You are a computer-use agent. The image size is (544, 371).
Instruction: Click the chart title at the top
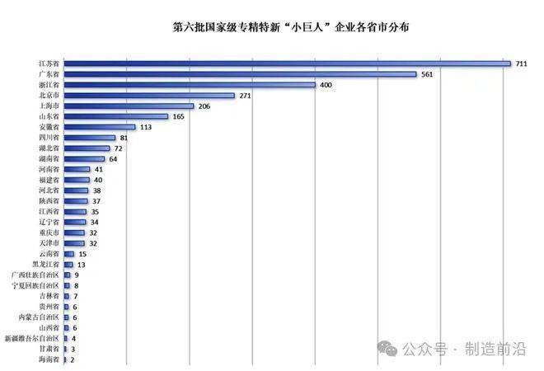[x=291, y=27]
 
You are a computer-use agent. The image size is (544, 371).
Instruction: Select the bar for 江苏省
[x=288, y=63]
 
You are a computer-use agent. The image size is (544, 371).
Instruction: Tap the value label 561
[x=427, y=74]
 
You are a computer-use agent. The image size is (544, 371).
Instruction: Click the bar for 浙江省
[x=190, y=85]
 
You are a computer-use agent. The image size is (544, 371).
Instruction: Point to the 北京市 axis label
[x=49, y=95]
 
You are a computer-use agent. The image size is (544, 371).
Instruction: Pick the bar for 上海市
[x=129, y=106]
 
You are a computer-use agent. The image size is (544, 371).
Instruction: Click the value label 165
[x=178, y=116]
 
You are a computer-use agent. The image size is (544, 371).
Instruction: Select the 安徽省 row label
[x=49, y=127]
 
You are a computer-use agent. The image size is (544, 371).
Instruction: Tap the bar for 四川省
[x=90, y=138]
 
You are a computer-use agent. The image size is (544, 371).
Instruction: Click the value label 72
[x=119, y=148]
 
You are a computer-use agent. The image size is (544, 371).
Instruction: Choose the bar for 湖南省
[x=84, y=159]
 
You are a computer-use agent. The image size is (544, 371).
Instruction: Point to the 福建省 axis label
[x=49, y=180]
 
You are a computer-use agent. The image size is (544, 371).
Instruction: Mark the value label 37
[x=96, y=201]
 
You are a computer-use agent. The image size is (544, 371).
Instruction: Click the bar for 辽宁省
[x=74, y=222]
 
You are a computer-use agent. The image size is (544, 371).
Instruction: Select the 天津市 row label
[x=49, y=243]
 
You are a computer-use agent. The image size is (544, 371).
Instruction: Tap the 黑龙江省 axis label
[x=46, y=265]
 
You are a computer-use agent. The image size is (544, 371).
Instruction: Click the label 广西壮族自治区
[x=35, y=275]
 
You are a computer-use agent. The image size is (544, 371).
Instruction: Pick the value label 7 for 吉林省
[x=75, y=296]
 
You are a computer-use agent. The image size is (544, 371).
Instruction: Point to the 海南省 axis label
[x=49, y=359]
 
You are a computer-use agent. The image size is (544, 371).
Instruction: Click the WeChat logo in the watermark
[x=387, y=348]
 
